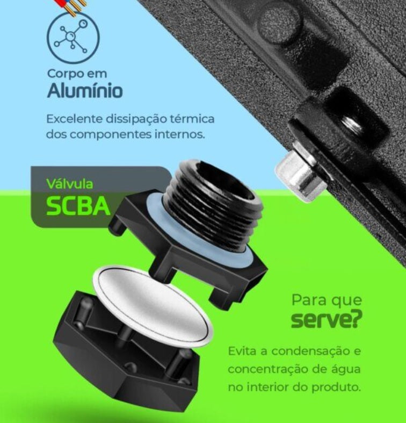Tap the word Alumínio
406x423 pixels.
coord(85,90)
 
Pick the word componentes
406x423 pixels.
coord(111,134)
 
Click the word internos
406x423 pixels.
coord(179,134)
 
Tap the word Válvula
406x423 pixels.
coord(70,184)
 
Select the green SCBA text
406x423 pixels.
coord(78,206)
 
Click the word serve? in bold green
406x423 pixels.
coord(327,320)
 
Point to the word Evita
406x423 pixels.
coord(242,351)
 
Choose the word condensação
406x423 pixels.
coord(308,352)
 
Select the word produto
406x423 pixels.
coord(336,388)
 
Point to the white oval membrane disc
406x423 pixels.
coord(153,305)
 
